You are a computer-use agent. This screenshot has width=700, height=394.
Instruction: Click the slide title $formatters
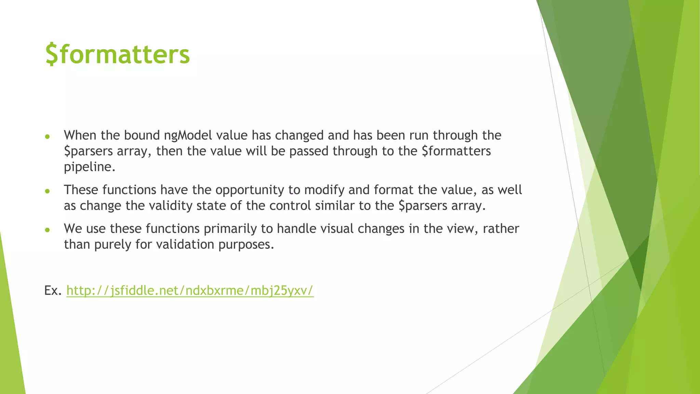117,54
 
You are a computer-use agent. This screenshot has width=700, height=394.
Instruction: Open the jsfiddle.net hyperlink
190,290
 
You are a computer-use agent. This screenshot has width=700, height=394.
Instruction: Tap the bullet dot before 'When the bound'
48,137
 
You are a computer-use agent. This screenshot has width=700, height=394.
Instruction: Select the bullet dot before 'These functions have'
48,191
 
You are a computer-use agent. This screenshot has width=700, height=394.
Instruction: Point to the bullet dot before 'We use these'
48,230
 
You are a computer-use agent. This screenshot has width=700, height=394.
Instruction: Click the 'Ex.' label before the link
53,290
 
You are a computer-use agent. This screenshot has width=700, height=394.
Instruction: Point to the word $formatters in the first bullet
456,151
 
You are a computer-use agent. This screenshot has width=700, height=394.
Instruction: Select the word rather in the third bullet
501,229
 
